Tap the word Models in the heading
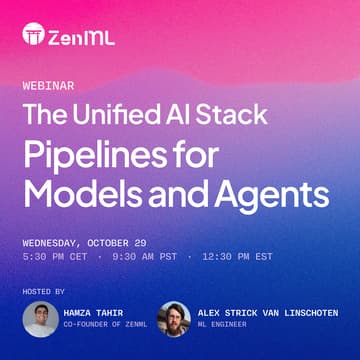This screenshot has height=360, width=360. click(79, 191)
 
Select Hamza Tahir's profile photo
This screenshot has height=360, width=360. click(40, 319)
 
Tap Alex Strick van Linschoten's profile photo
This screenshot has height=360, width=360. click(173, 319)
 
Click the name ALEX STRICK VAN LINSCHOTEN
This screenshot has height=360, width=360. click(267, 313)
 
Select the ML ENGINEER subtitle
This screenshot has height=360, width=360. click(220, 325)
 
